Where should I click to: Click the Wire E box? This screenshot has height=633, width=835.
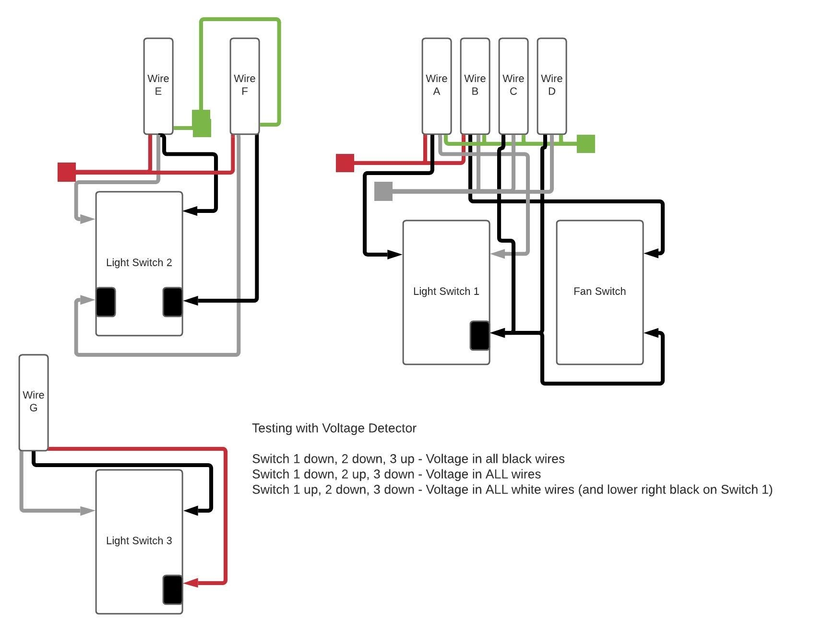158,86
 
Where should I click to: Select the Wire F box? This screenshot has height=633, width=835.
245,86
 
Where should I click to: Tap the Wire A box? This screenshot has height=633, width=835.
437,86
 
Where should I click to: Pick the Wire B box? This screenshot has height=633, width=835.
475,86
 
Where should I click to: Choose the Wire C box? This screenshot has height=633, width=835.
513,86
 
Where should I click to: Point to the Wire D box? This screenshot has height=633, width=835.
552,86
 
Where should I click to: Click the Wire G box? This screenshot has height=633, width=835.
34,402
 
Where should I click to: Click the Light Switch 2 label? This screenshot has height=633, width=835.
139,263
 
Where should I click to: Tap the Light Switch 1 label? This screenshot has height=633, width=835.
446,292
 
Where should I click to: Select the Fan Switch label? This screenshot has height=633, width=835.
600,292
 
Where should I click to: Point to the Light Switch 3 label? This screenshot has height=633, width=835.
139,541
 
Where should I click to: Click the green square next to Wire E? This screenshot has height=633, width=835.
202,124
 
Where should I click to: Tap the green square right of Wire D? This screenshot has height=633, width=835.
585,144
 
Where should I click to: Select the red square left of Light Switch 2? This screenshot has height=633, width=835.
67,172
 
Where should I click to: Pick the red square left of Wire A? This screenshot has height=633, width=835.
345,163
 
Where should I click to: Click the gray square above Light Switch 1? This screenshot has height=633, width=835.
383,191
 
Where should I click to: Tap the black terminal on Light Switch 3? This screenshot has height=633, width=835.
173,590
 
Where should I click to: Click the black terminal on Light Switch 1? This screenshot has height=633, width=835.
480,336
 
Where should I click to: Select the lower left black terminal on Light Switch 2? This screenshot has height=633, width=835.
106,302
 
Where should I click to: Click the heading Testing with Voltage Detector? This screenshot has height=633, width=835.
334,428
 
